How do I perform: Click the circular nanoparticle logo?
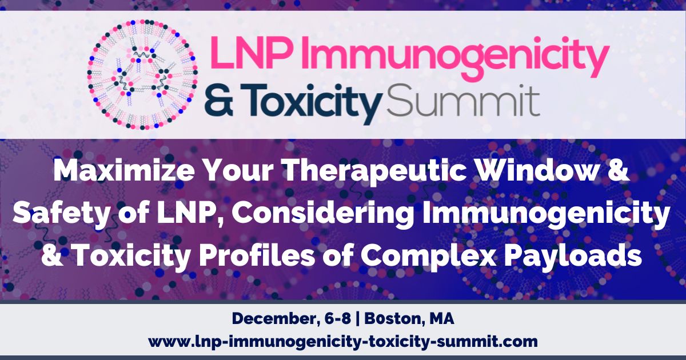pyautogui.click(x=142, y=75)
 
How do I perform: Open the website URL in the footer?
pyautogui.click(x=343, y=341)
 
